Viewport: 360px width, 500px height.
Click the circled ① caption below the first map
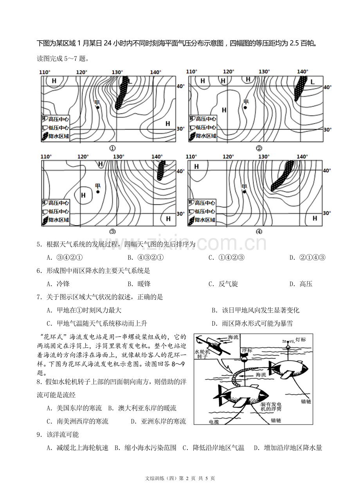click(x=112, y=148)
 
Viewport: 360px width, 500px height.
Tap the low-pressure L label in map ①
click(x=131, y=81)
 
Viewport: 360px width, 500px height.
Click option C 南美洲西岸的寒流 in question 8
click(x=77, y=421)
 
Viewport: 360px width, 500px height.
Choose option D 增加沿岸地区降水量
click(x=288, y=448)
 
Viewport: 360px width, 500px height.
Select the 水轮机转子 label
click(x=203, y=354)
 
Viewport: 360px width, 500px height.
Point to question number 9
click(x=39, y=435)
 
